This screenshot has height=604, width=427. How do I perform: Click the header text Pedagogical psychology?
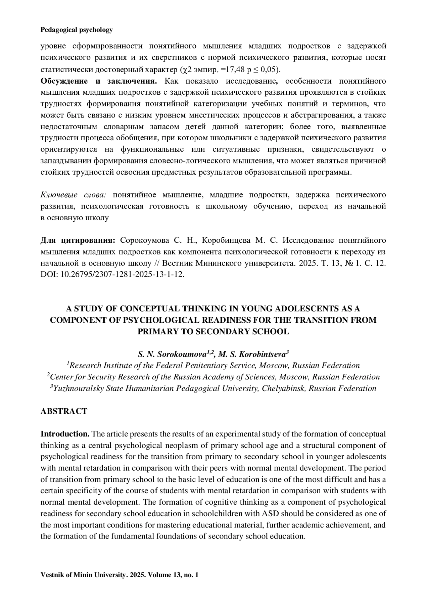click(x=77, y=30)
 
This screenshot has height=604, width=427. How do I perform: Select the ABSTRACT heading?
click(x=64, y=411)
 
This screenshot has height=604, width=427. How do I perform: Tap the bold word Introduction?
click(x=65, y=434)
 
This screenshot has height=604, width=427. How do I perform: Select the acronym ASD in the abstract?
click(x=269, y=513)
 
